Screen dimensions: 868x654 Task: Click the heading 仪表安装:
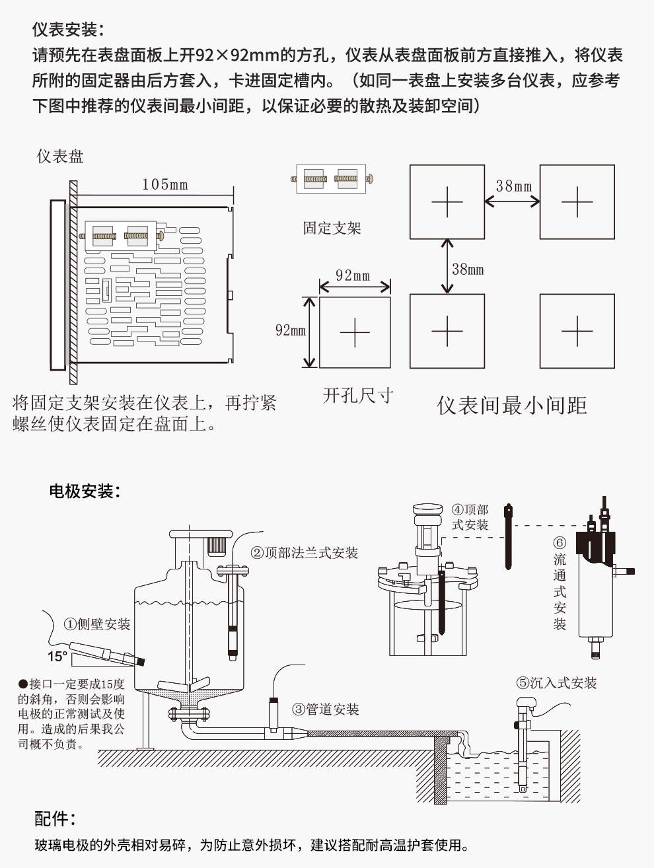pyautogui.click(x=68, y=30)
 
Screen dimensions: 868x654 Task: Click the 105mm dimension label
pyautogui.click(x=164, y=184)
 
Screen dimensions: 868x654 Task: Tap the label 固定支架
pyautogui.click(x=332, y=229)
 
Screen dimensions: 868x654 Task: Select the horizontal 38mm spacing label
pyautogui.click(x=513, y=186)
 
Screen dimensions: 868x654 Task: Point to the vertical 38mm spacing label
pyautogui.click(x=468, y=269)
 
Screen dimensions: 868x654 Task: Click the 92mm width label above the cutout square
pyautogui.click(x=353, y=275)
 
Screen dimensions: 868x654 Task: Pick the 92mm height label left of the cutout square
pyautogui.click(x=290, y=330)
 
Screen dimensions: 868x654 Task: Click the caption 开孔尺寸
pyautogui.click(x=357, y=396)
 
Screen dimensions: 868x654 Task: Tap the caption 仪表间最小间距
pyautogui.click(x=512, y=405)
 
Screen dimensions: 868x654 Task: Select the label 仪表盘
pyautogui.click(x=60, y=157)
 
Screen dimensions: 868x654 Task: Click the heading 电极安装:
pyautogui.click(x=85, y=491)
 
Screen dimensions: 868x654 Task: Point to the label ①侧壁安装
pyautogui.click(x=97, y=624)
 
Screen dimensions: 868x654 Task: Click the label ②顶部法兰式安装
pyautogui.click(x=305, y=553)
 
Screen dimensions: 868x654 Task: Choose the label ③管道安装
pyautogui.click(x=326, y=709)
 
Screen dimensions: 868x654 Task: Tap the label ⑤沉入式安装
pyautogui.click(x=556, y=683)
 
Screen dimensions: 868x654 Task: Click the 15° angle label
pyautogui.click(x=57, y=657)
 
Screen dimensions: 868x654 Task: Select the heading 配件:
pyautogui.click(x=55, y=819)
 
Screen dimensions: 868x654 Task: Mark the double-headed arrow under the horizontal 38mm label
pyautogui.click(x=512, y=201)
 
